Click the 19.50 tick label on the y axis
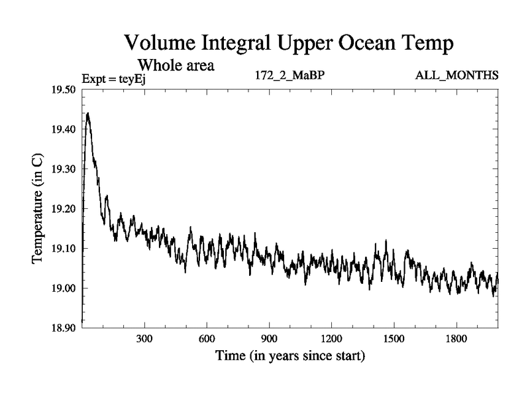64,90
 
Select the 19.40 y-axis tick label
64,129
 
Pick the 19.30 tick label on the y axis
64,168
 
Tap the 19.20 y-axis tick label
64,208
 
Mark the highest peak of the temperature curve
87,113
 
